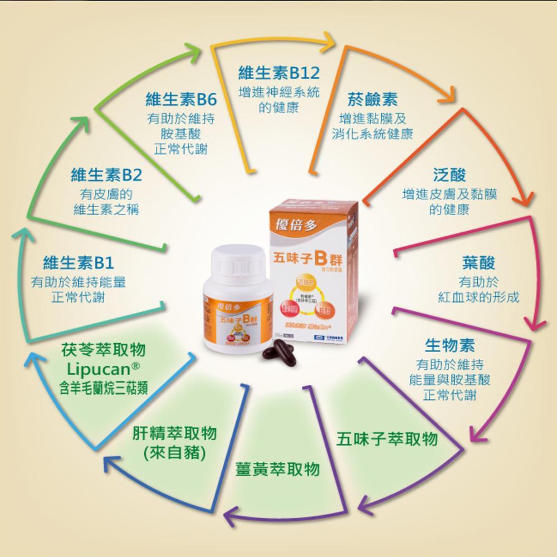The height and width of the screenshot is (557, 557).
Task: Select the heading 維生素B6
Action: pyautogui.click(x=180, y=100)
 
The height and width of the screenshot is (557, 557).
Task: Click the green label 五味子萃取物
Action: pyautogui.click(x=387, y=438)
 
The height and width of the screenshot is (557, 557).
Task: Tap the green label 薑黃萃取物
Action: pyautogui.click(x=278, y=468)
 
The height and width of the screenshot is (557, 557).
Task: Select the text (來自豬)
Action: pyautogui.click(x=175, y=453)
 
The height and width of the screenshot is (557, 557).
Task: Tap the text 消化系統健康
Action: pyautogui.click(x=373, y=135)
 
